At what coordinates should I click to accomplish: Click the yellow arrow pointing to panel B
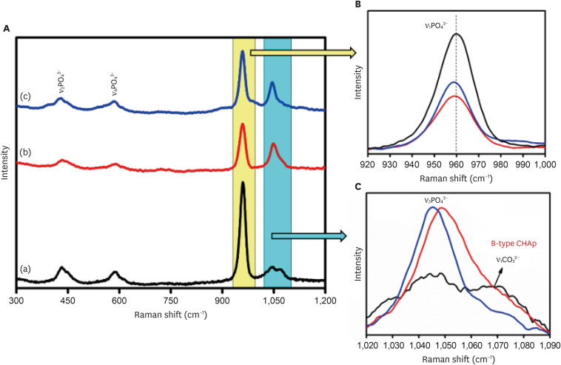coord(303,53)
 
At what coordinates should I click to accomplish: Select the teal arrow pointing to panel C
coord(309,236)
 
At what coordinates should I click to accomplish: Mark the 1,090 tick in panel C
coord(549,345)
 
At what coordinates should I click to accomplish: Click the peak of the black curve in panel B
coord(457,34)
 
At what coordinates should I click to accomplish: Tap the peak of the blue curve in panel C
coord(432,207)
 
